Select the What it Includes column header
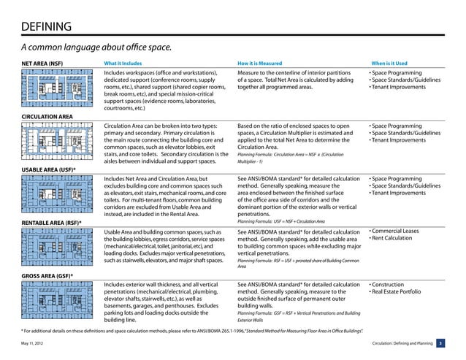(x=129, y=64)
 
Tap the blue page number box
(x=440, y=342)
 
